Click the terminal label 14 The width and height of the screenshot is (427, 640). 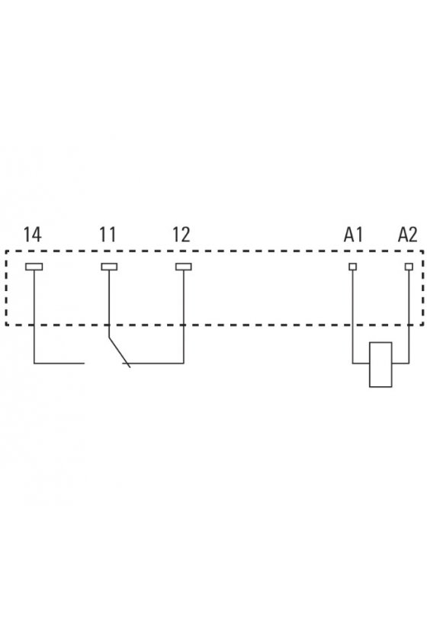click(x=32, y=235)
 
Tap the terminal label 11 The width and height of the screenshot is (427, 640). click(x=108, y=235)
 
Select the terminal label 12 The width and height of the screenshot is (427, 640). click(x=181, y=235)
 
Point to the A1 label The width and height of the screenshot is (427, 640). click(x=354, y=235)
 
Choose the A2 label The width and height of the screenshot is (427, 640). click(x=408, y=235)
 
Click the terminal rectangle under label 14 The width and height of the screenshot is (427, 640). click(x=34, y=267)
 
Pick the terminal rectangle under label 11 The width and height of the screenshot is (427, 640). click(x=109, y=267)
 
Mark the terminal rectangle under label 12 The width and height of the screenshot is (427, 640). click(x=184, y=267)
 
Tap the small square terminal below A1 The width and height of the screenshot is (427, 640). click(x=352, y=267)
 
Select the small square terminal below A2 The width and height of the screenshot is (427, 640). click(x=409, y=267)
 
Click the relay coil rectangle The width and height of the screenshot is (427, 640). click(x=380, y=364)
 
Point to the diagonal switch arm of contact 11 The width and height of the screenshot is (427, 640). click(x=119, y=353)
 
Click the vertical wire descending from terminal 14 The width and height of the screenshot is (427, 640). click(x=34, y=317)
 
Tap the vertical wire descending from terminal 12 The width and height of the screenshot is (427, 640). click(x=184, y=317)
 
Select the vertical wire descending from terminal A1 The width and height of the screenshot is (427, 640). click(x=352, y=317)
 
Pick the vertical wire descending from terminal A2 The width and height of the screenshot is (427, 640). click(x=409, y=317)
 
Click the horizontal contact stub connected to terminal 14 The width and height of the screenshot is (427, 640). click(x=59, y=363)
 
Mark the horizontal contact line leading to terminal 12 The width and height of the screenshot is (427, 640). click(x=153, y=363)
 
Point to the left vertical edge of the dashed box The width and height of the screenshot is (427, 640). click(x=7, y=288)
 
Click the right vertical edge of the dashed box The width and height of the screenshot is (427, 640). click(x=422, y=288)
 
